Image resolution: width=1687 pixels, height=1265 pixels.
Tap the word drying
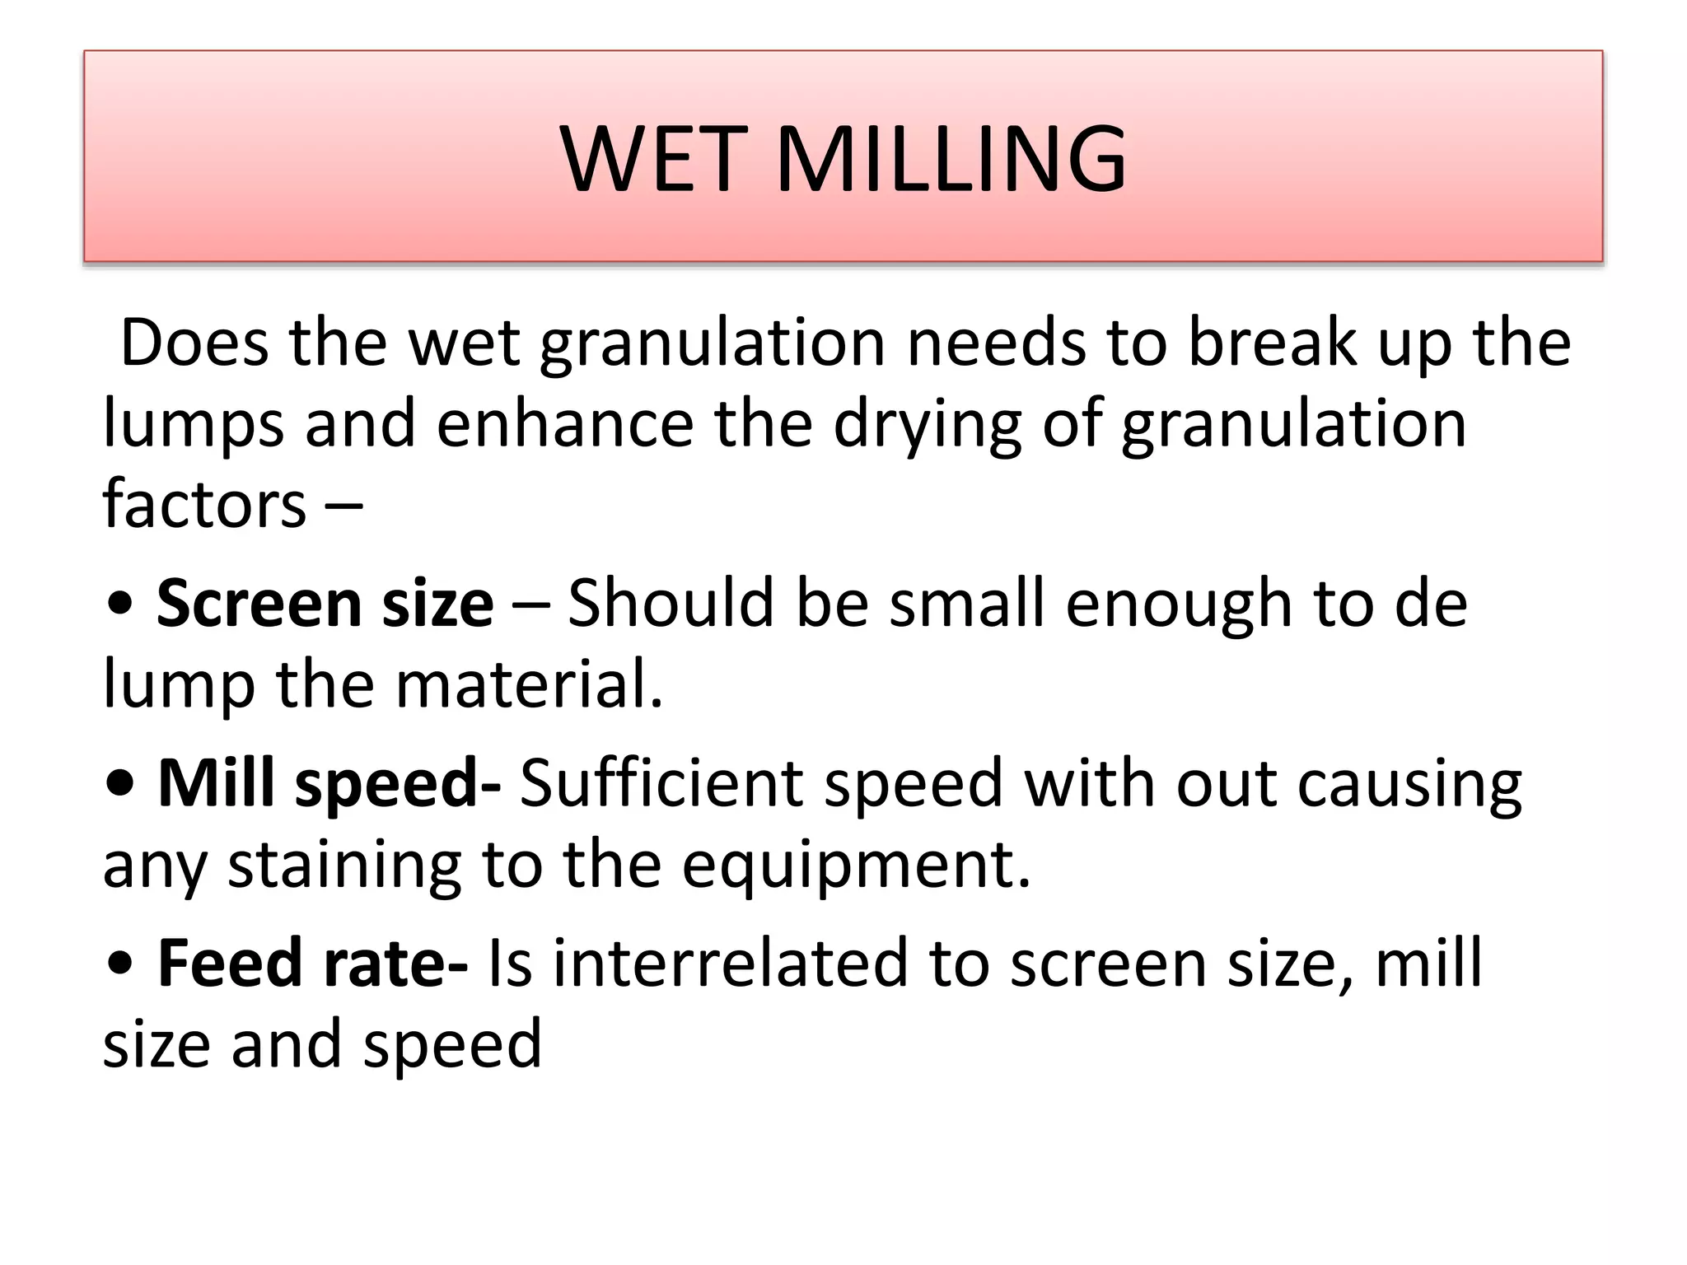[928, 427]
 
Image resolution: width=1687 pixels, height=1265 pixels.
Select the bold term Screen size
[325, 604]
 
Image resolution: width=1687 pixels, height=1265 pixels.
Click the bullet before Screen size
[121, 605]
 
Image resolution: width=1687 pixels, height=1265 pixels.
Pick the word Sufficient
[661, 782]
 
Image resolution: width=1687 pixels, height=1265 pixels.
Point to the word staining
[344, 866]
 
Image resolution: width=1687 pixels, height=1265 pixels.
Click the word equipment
[856, 866]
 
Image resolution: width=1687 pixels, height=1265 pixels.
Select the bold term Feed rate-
[313, 964]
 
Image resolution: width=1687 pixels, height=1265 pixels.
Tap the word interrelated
[729, 964]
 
